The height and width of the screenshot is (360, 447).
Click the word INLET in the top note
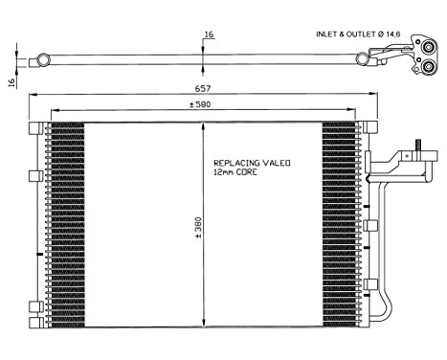(x=327, y=34)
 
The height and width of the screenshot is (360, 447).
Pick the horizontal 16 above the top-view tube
(x=209, y=35)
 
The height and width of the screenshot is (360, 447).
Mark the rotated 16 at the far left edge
(x=11, y=82)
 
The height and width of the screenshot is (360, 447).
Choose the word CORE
(x=251, y=174)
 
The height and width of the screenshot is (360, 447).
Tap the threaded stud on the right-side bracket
(x=416, y=148)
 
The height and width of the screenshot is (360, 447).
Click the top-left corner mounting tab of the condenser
(x=34, y=128)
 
